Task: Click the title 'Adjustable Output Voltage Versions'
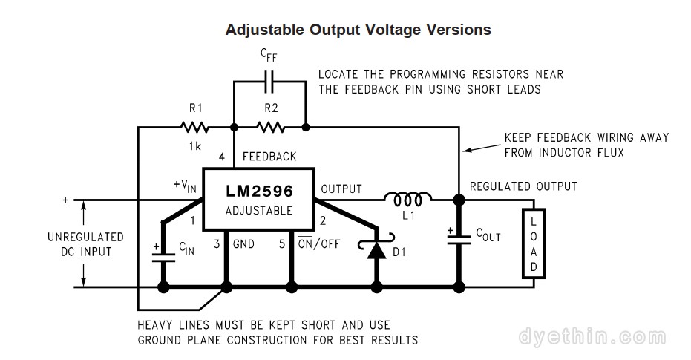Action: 358,30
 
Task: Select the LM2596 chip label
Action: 259,191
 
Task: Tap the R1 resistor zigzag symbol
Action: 195,127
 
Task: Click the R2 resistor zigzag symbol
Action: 271,127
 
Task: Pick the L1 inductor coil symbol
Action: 407,199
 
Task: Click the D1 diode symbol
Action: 378,249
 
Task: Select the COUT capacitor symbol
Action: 459,236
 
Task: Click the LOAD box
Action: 534,243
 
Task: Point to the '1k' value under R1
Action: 194,146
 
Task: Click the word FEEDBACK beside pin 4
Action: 269,157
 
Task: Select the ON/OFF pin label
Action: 318,243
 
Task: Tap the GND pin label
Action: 244,243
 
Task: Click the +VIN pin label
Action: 184,186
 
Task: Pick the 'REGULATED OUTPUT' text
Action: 523,186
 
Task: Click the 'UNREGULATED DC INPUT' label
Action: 85,243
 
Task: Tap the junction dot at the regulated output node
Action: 459,200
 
